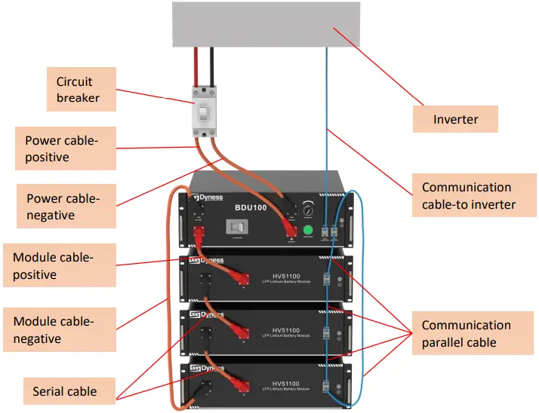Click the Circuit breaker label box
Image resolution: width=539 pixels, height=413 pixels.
coord(78,88)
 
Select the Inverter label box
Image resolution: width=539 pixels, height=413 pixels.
coord(455,119)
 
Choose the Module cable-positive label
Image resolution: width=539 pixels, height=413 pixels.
coord(59,265)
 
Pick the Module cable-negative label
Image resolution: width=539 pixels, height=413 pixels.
coord(59,329)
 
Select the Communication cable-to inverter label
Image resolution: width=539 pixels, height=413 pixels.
coord(468,195)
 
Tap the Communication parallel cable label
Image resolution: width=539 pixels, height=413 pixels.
coord(467,333)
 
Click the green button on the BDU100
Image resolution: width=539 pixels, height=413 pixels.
coord(308,231)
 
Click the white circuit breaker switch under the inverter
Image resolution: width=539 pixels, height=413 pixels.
coord(203,114)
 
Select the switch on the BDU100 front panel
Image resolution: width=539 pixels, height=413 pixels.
coord(236,227)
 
